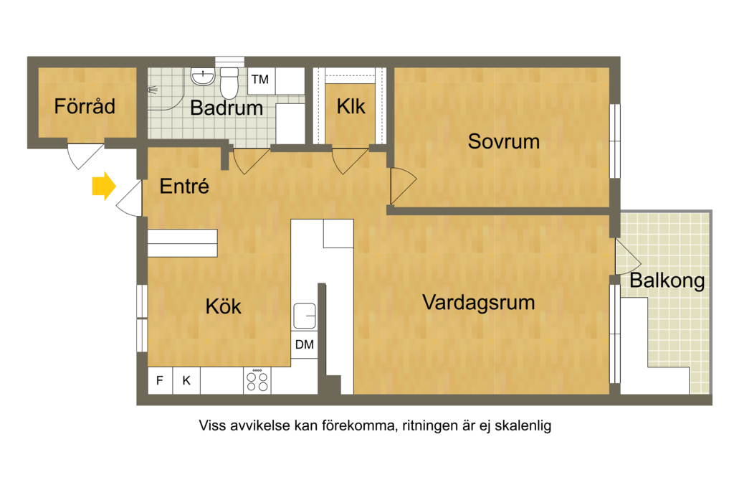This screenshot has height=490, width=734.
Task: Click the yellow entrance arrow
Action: click(x=104, y=186)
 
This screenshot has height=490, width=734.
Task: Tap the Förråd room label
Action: click(x=85, y=106)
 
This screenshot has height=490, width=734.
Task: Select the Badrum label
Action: click(x=227, y=108)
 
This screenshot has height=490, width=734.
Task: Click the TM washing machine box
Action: click(x=261, y=80)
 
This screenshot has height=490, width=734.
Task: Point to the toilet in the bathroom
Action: click(x=229, y=83)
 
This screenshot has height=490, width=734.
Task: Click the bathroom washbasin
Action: click(x=203, y=77)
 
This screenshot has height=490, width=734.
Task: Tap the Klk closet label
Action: click(x=351, y=107)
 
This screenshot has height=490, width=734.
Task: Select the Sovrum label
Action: click(x=504, y=141)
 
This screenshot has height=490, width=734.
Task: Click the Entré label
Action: click(x=184, y=186)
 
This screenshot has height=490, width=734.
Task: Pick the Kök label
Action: click(x=224, y=307)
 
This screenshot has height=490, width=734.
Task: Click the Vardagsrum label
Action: click(x=478, y=303)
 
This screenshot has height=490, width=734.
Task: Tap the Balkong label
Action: click(x=667, y=281)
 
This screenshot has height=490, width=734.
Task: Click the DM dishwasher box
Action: click(x=304, y=345)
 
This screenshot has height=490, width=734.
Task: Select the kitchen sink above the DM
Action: click(x=304, y=316)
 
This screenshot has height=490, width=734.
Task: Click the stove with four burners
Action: click(x=257, y=380)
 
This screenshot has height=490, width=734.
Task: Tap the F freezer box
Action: click(x=160, y=380)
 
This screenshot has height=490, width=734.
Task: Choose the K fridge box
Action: click(x=186, y=380)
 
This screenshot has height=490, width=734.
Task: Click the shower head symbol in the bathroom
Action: click(x=153, y=90)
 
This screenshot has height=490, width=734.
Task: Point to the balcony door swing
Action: click(x=627, y=257)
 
